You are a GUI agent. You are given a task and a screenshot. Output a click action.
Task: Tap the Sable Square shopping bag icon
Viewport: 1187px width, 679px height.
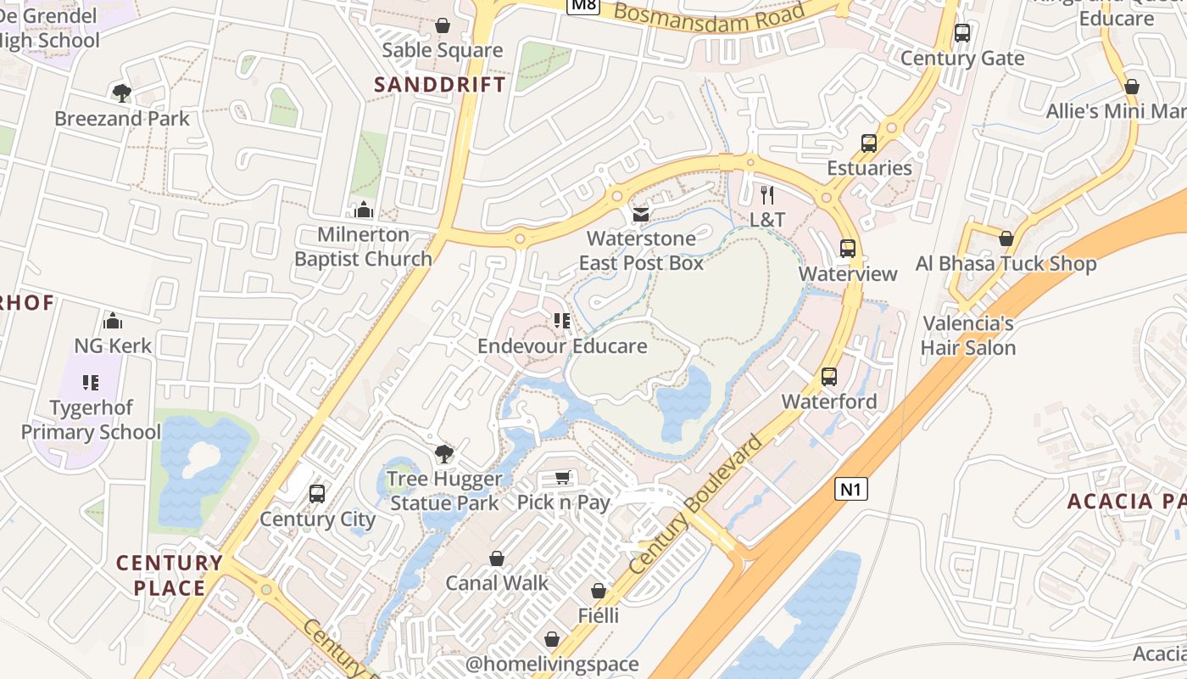(x=442, y=25)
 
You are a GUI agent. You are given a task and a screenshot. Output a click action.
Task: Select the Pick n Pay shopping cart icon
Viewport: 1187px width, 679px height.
(x=562, y=478)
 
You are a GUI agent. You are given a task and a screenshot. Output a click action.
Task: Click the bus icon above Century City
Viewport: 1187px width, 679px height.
(x=317, y=494)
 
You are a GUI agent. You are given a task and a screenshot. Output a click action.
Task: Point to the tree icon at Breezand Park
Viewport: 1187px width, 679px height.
(x=122, y=93)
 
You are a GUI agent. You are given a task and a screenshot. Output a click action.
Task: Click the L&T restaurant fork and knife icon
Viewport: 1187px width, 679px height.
(x=767, y=194)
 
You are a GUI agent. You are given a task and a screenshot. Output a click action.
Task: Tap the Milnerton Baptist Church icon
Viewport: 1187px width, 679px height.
(x=364, y=209)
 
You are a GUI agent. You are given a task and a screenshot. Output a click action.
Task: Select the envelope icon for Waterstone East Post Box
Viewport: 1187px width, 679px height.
(x=641, y=214)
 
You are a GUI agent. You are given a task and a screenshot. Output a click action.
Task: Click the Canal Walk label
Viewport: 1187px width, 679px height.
(x=497, y=583)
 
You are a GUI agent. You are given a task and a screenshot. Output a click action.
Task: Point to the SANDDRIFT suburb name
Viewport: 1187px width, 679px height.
(x=440, y=84)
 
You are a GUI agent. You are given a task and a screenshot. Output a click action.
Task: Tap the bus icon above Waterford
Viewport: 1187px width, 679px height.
(x=829, y=376)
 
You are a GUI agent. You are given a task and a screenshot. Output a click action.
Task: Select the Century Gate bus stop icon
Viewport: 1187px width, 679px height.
(x=962, y=33)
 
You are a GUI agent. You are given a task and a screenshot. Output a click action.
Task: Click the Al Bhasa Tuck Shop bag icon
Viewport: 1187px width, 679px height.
(x=1006, y=238)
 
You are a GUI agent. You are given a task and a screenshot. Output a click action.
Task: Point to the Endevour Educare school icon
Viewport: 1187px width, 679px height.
(x=562, y=321)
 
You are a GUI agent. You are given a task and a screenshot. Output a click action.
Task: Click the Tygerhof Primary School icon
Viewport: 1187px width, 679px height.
(x=91, y=383)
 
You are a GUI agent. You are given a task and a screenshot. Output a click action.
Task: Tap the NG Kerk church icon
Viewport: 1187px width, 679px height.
(x=113, y=321)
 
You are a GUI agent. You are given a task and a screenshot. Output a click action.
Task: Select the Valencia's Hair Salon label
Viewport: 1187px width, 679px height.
(x=967, y=335)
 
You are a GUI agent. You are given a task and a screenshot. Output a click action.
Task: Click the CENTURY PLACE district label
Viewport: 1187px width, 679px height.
(x=169, y=575)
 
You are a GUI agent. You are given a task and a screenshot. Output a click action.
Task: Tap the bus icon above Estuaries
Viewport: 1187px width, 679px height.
(x=869, y=143)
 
